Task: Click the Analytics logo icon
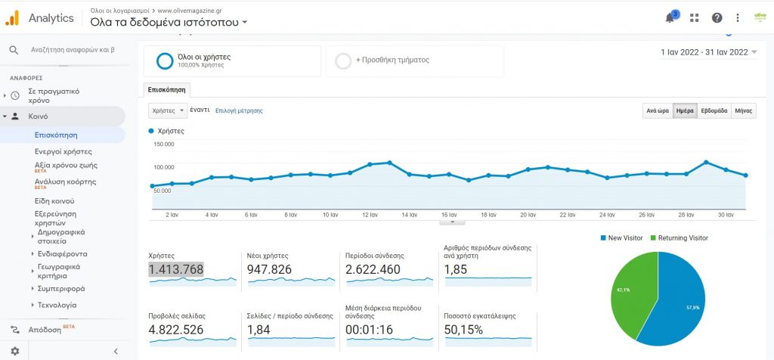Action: point(12,17)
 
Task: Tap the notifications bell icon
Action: point(670,18)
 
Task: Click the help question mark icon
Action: point(717,18)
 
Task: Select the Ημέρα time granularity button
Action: point(685,110)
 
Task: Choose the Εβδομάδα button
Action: point(714,110)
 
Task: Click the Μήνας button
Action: point(743,110)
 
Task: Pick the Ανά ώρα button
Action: point(657,110)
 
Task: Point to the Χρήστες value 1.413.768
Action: point(176,270)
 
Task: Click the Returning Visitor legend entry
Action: point(683,237)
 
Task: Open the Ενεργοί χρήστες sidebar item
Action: point(63,151)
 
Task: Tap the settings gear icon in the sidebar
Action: point(14,352)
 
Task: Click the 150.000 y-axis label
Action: point(163,144)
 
